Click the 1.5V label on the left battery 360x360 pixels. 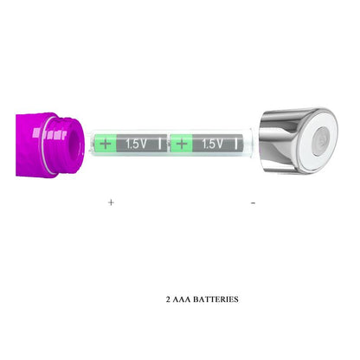[x=136, y=145]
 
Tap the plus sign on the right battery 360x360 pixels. [x=182, y=145]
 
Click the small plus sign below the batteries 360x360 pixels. [x=111, y=202]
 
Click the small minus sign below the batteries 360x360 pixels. [x=253, y=202]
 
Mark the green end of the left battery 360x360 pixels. [x=104, y=145]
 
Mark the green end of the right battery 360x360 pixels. [x=179, y=145]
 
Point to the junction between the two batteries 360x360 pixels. [x=170, y=145]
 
